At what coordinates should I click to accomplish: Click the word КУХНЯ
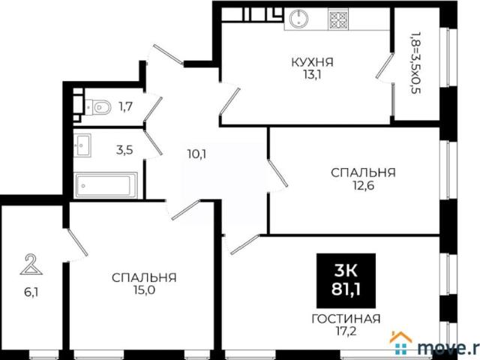[x=313, y=62]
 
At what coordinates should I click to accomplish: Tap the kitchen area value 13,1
[x=313, y=74]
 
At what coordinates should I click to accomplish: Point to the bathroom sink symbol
[x=82, y=143]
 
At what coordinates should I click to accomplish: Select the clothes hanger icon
[x=30, y=264]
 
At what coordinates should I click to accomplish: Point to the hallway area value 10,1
[x=196, y=154]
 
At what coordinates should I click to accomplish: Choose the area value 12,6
[x=364, y=184]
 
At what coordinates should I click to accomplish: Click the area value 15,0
[x=144, y=289]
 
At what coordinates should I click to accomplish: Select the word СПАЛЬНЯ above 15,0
[x=144, y=277]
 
